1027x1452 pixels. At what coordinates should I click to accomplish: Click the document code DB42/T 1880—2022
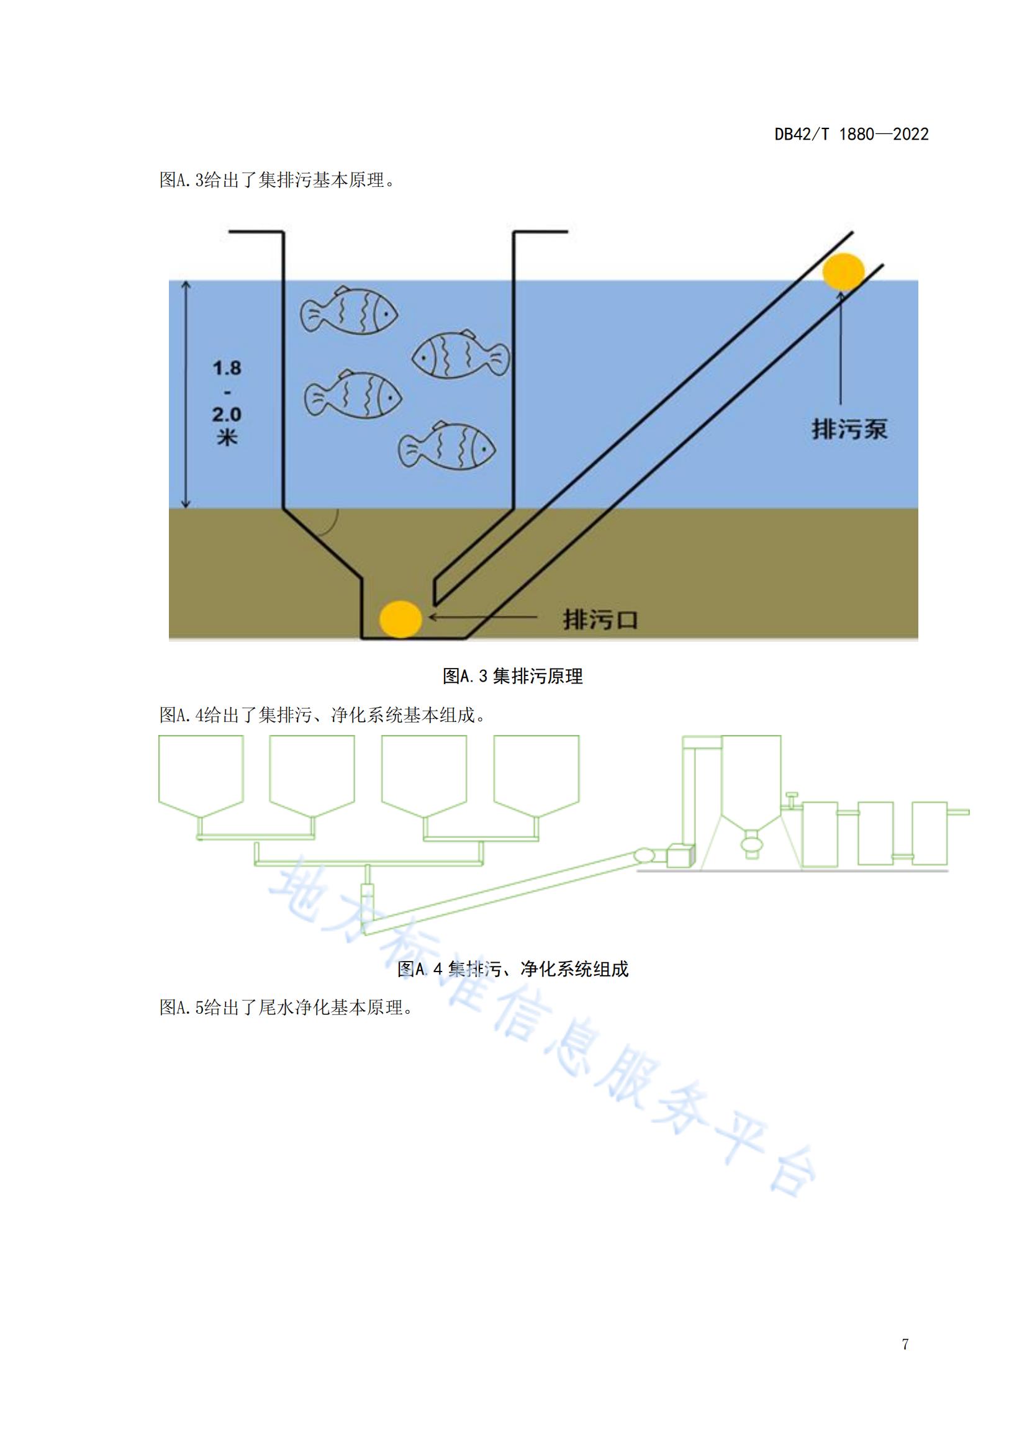pos(851,134)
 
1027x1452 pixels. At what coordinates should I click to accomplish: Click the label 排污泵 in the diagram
pos(850,430)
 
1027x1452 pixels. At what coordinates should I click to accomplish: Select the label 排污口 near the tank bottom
pos(600,618)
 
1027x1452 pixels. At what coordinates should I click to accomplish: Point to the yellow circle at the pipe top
pos(843,271)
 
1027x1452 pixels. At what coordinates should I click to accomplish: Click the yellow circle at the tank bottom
pos(400,618)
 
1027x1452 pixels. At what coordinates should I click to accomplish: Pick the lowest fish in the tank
pos(446,446)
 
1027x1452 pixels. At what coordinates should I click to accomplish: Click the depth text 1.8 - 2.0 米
pos(227,402)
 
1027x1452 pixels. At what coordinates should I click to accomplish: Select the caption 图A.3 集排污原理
pos(513,676)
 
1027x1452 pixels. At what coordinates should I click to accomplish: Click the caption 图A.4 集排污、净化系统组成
pos(513,969)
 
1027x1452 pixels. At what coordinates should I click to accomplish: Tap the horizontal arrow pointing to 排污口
pos(484,615)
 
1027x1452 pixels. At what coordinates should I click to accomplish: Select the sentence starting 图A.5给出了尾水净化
pos(286,1008)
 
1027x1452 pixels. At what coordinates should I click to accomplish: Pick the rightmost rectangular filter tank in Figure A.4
pos(930,834)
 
